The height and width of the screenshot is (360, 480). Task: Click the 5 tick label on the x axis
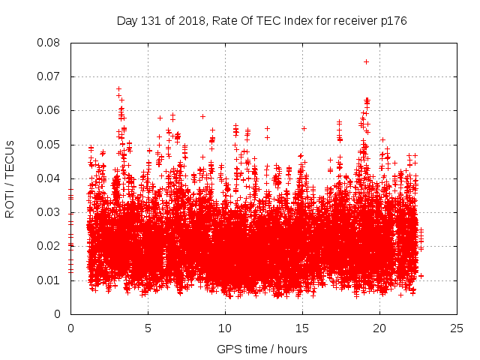click(148, 328)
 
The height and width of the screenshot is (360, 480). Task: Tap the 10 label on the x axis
click(225, 328)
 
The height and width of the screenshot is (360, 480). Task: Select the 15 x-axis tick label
click(302, 328)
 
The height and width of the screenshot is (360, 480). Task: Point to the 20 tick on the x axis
click(379, 328)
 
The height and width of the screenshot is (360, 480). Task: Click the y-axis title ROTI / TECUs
click(10, 178)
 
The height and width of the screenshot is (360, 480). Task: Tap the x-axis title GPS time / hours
click(262, 349)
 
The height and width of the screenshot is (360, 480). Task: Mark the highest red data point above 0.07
click(366, 61)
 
